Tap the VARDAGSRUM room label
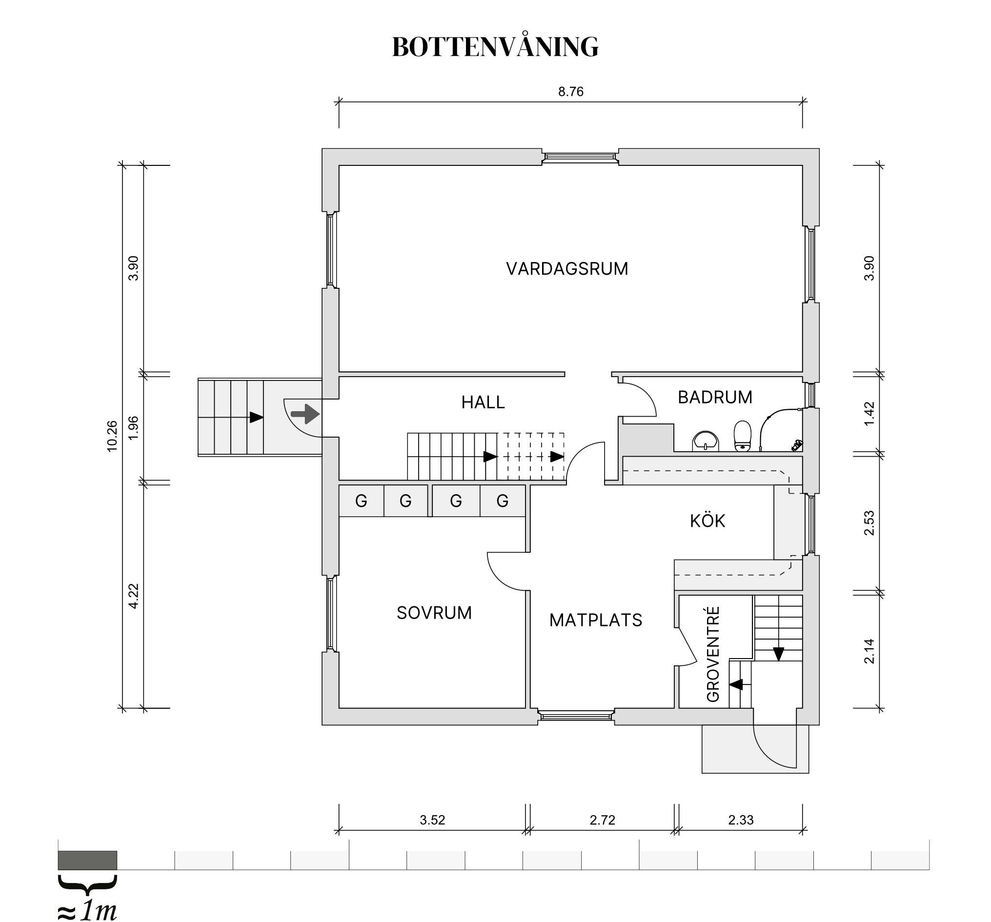[x=567, y=269]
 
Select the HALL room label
[x=483, y=402]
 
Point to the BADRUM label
[x=715, y=397]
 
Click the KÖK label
[x=708, y=521]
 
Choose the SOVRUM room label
[x=434, y=613]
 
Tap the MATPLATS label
[x=596, y=620]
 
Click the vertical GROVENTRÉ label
[x=713, y=654]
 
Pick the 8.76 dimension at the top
[x=571, y=92]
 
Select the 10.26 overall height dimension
[x=112, y=437]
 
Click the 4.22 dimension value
[x=133, y=596]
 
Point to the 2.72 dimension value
[x=602, y=820]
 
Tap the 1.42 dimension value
[x=869, y=414]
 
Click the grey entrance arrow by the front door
[x=305, y=414]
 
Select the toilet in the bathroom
[x=742, y=436]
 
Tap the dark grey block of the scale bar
[x=88, y=860]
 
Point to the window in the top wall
[x=580, y=157]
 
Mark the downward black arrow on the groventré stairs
[x=778, y=654]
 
